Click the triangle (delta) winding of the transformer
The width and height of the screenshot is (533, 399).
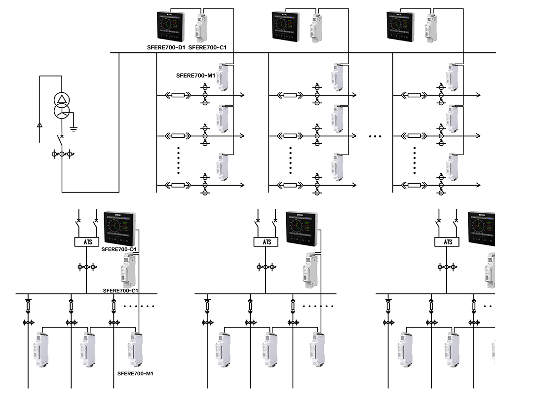click(62, 100)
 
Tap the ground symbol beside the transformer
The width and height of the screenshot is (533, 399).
click(74, 129)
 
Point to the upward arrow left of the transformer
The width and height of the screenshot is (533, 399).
click(40, 125)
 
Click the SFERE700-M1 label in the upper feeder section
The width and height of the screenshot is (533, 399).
click(195, 76)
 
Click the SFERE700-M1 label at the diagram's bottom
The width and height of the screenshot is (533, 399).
click(135, 373)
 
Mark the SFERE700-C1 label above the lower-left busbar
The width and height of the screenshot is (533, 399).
click(120, 291)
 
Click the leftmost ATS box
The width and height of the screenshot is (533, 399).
click(86, 242)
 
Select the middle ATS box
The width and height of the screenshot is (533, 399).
click(266, 242)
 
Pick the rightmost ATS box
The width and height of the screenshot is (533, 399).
click(447, 242)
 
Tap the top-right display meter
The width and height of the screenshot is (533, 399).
click(401, 27)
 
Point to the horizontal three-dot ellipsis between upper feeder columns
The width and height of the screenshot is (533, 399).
click(375, 136)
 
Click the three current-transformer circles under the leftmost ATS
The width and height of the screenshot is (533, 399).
click(86, 267)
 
